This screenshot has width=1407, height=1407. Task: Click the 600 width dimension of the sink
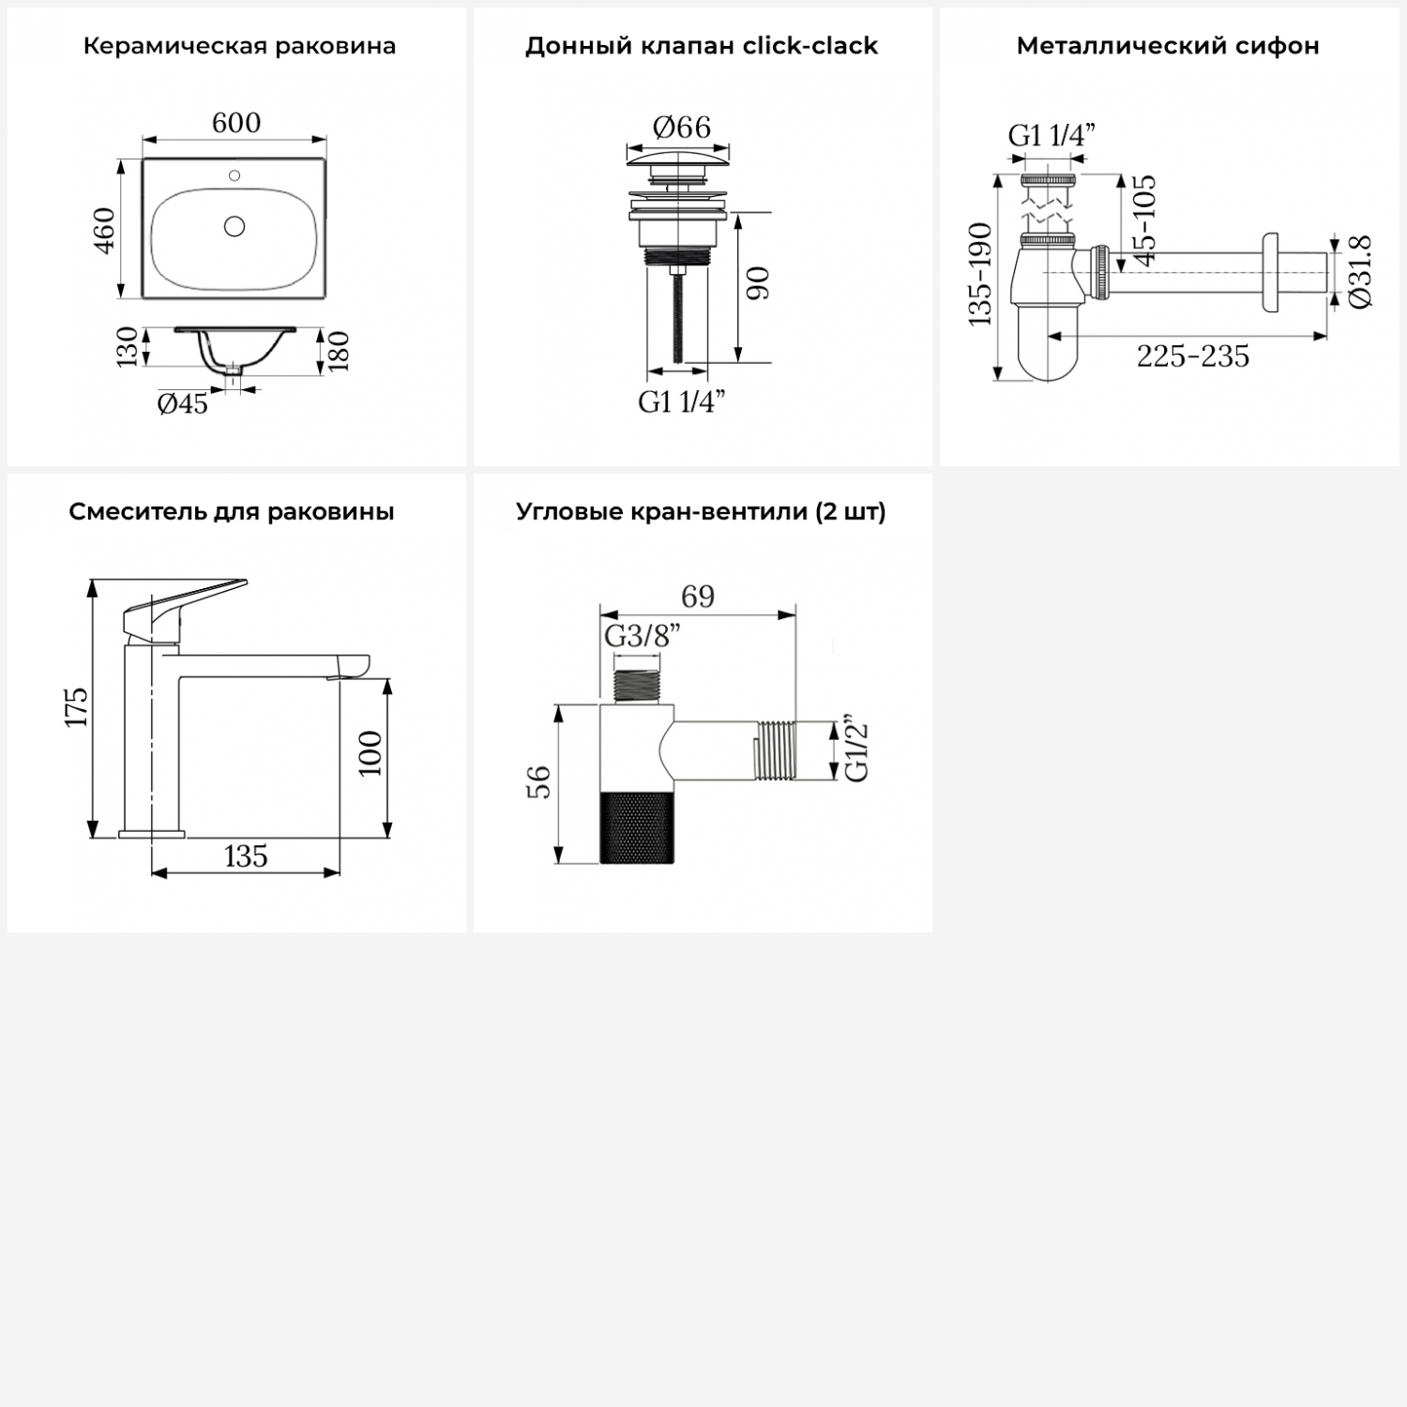[236, 123]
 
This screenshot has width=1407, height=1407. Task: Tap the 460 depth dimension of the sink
[104, 230]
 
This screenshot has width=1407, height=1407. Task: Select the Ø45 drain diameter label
[183, 404]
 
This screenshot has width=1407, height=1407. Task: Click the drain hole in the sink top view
[234, 226]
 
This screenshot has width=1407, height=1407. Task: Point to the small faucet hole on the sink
[234, 175]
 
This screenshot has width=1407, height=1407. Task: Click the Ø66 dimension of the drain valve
[682, 127]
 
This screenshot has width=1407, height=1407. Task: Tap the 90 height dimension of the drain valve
[758, 283]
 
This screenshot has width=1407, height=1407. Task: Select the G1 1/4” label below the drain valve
[682, 401]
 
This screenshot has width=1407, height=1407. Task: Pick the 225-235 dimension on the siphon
[1193, 356]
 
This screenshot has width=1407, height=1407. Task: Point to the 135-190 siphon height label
[980, 274]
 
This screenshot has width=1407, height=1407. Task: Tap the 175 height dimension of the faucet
[76, 706]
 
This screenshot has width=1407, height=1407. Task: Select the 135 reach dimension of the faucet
[246, 856]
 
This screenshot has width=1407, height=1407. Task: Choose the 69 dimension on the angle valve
[698, 597]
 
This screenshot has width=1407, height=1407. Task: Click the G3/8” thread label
[642, 636]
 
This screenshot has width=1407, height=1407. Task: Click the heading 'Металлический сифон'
[1168, 46]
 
